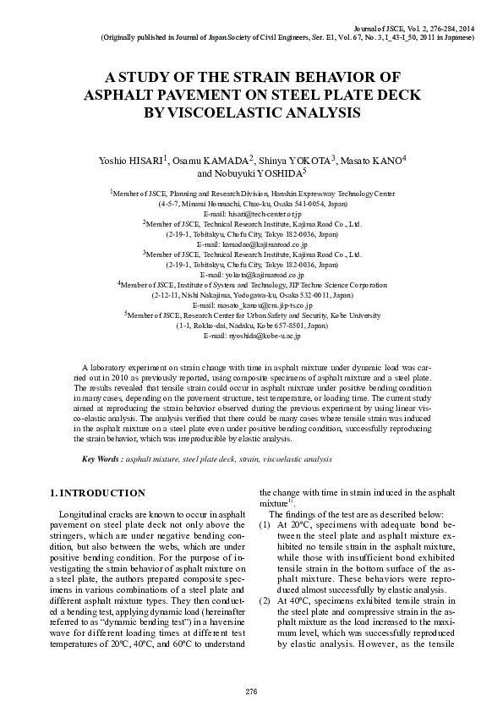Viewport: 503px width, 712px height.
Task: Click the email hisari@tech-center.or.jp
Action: tap(252, 215)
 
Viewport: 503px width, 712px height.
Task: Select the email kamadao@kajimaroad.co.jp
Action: tap(251, 243)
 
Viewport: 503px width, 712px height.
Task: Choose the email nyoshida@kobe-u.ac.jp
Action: tap(252, 335)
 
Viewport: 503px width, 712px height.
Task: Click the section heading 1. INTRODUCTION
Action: tap(98, 492)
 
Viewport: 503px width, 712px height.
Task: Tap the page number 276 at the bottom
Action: tap(251, 692)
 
